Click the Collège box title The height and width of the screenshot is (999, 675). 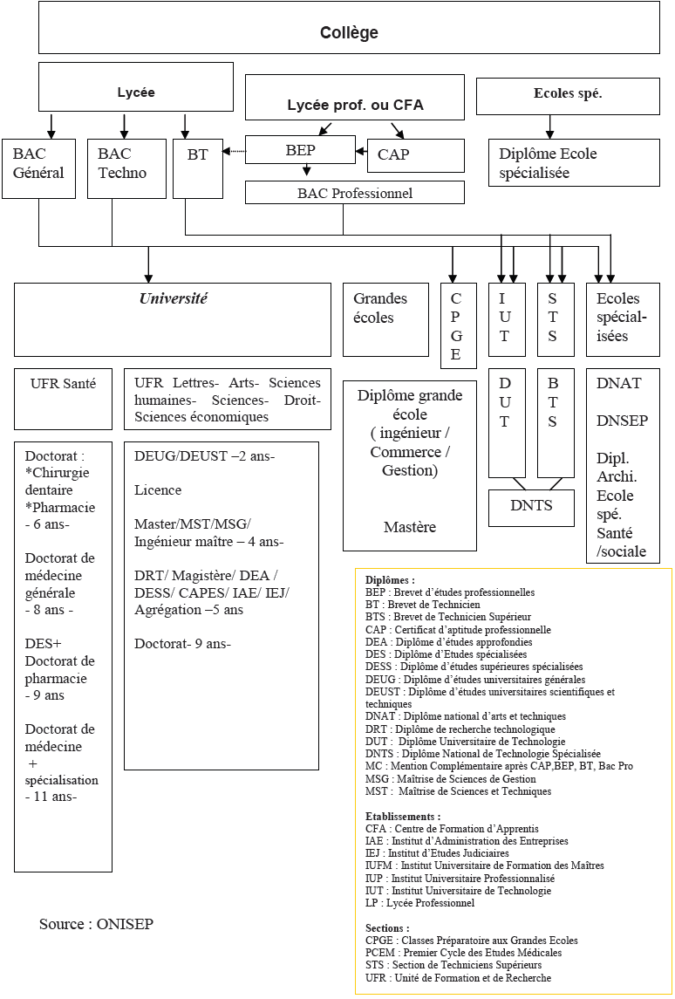pos(349,33)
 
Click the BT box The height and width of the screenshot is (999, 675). pos(198,167)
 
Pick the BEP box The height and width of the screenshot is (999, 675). pos(300,150)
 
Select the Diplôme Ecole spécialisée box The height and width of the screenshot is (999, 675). pos(573,163)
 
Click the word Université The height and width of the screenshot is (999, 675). pos(174,298)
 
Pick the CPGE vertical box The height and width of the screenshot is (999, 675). pos(457,325)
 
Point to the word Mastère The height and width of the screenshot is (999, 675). pos(409,527)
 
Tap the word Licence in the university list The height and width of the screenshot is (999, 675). pos(158,490)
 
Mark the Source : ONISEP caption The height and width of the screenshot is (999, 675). pos(96,924)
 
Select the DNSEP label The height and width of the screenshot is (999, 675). pos(622,421)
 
